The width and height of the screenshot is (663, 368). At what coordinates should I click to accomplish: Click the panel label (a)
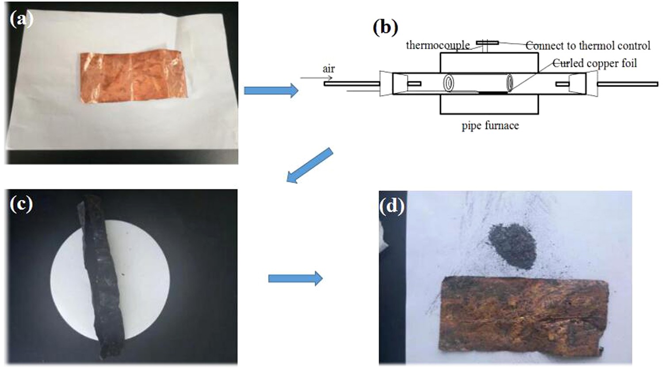21,19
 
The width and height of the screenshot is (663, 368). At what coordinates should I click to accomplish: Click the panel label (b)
385,27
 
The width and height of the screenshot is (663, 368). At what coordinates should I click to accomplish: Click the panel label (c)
21,204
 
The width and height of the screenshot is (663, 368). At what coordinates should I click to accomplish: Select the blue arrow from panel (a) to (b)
271,90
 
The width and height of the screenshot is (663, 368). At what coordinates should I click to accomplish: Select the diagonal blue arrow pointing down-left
309,165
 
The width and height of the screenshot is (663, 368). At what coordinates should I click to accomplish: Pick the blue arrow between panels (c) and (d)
295,278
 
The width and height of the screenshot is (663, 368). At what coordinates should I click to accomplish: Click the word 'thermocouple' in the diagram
438,45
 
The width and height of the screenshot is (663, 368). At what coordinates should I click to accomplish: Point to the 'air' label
328,69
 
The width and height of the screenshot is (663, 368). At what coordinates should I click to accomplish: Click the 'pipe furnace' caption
490,126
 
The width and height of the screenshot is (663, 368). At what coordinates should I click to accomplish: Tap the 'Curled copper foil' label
595,63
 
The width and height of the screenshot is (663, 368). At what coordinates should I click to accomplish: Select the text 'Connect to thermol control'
588,45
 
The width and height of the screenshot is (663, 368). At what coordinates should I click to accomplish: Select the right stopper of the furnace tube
578,83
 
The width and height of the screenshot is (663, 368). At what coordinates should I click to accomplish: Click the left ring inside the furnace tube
450,83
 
